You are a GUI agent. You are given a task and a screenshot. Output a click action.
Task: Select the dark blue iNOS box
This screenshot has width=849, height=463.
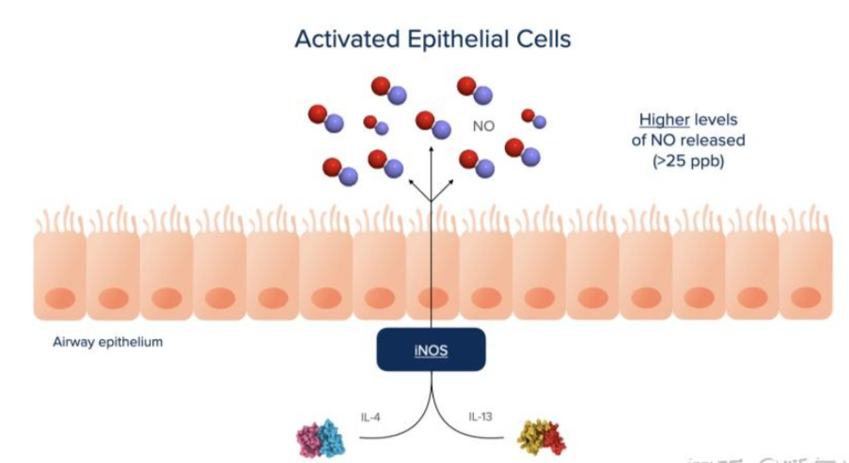pyautogui.click(x=432, y=349)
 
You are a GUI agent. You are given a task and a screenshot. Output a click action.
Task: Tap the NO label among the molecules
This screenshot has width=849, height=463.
pyautogui.click(x=483, y=125)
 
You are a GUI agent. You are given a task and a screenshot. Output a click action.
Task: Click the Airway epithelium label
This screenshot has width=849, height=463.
pyautogui.click(x=108, y=342)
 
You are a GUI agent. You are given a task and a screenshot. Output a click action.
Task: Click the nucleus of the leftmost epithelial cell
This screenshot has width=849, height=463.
pyautogui.click(x=60, y=299)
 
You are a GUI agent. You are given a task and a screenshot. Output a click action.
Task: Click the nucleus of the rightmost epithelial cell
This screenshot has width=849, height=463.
pyautogui.click(x=805, y=299)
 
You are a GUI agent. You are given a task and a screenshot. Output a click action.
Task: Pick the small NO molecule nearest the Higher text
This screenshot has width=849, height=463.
pyautogui.click(x=533, y=118)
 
